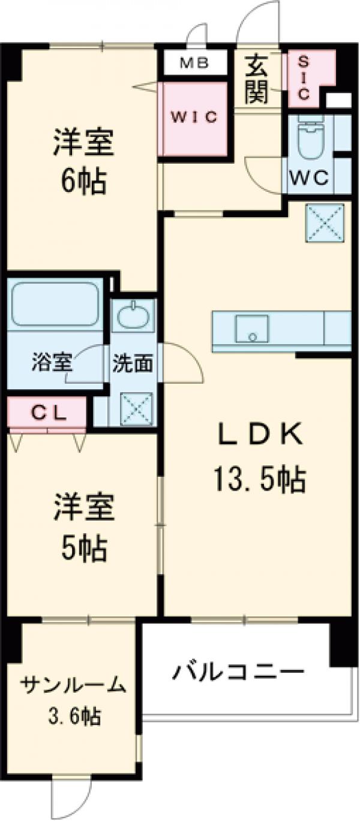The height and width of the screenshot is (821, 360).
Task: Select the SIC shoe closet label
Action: click(x=304, y=77)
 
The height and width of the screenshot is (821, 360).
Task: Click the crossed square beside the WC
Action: click(x=326, y=222)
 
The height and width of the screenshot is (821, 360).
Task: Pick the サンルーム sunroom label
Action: click(x=74, y=685)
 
